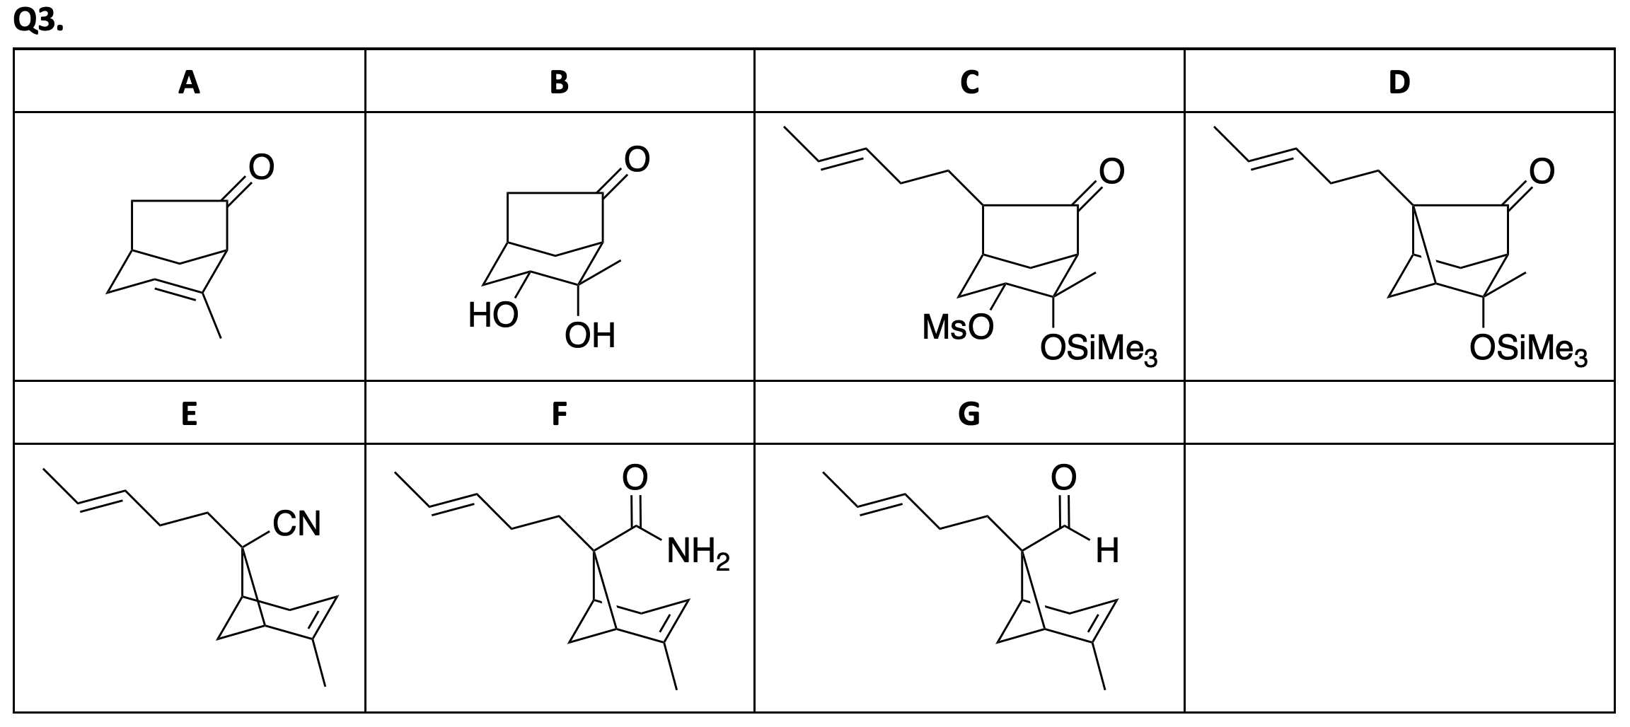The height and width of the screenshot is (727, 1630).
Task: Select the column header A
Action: click(x=189, y=83)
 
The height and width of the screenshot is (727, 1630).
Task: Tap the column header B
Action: click(x=559, y=83)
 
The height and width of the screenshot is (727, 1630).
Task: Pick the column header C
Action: click(x=969, y=83)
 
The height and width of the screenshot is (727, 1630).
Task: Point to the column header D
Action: click(x=1399, y=83)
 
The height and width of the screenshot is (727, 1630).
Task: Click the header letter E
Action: click(x=189, y=414)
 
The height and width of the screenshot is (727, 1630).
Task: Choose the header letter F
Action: click(x=559, y=414)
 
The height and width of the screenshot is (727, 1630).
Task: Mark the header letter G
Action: click(x=969, y=414)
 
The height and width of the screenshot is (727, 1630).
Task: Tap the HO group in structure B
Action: click(x=493, y=315)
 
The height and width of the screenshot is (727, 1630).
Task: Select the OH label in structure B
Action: click(x=590, y=336)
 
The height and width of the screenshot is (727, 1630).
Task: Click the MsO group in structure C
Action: click(x=957, y=327)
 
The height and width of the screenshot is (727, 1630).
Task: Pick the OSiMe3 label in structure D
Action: click(x=1528, y=349)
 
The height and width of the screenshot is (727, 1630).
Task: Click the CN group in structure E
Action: click(x=297, y=524)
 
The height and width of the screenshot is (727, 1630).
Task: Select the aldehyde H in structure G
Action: click(x=1107, y=552)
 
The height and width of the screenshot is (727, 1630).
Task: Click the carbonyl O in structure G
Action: click(x=1063, y=477)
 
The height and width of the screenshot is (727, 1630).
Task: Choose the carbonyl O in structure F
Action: click(x=635, y=477)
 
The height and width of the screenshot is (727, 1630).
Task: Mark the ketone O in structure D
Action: click(x=1542, y=170)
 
